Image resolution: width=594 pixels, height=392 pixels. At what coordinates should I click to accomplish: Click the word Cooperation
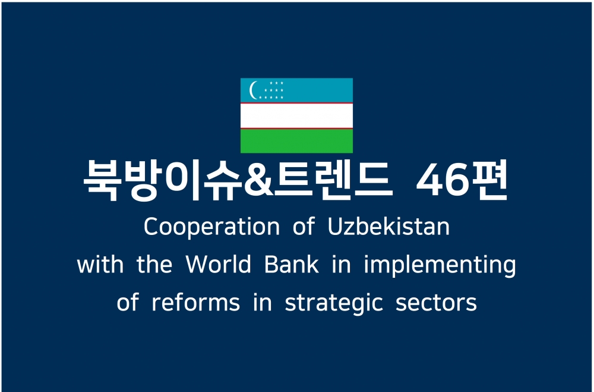click(211, 227)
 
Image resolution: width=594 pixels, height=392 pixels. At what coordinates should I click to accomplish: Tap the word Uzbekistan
click(388, 227)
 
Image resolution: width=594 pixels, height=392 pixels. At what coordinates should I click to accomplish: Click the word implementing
click(440, 265)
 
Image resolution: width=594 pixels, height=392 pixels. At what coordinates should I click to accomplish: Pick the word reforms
click(195, 302)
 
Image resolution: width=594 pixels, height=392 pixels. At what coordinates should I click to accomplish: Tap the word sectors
click(436, 303)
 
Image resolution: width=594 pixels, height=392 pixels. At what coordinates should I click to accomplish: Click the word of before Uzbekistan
click(304, 227)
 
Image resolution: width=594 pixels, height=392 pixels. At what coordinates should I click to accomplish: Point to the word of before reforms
click(128, 302)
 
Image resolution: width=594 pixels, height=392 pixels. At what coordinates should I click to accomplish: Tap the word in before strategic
click(263, 302)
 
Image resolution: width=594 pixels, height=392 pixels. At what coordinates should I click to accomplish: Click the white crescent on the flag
click(252, 90)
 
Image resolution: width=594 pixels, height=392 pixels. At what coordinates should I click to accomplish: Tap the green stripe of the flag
click(296, 141)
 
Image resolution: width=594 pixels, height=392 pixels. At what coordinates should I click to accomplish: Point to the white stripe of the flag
click(296, 116)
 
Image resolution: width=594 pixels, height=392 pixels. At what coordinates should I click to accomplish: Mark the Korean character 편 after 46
click(488, 180)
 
